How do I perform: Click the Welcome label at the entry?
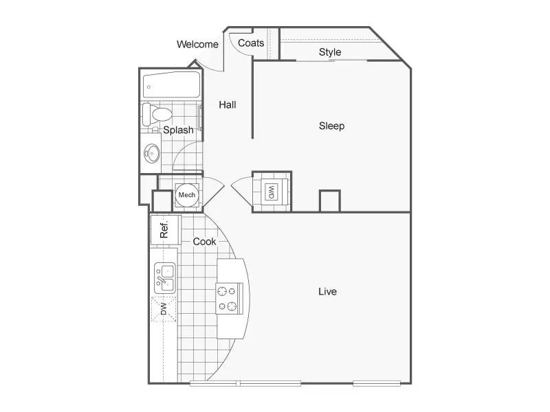[x=197, y=45]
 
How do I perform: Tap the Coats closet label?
[x=251, y=43]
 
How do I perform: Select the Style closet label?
[x=330, y=52]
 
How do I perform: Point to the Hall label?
[x=228, y=104]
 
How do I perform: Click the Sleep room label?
[x=331, y=126]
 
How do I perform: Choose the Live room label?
[x=327, y=291]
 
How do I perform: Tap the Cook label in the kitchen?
[x=204, y=242]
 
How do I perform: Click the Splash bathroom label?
[x=178, y=130]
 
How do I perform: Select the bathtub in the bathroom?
[x=171, y=85]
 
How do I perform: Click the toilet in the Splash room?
[x=157, y=114]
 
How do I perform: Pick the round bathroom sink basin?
[x=152, y=153]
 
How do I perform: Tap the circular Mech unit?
[x=187, y=195]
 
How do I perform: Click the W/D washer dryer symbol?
[x=271, y=192]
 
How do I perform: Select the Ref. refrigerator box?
[x=164, y=229]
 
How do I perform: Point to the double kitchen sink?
[x=165, y=278]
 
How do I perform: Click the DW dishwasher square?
[x=164, y=309]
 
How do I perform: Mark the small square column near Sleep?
[x=330, y=201]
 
